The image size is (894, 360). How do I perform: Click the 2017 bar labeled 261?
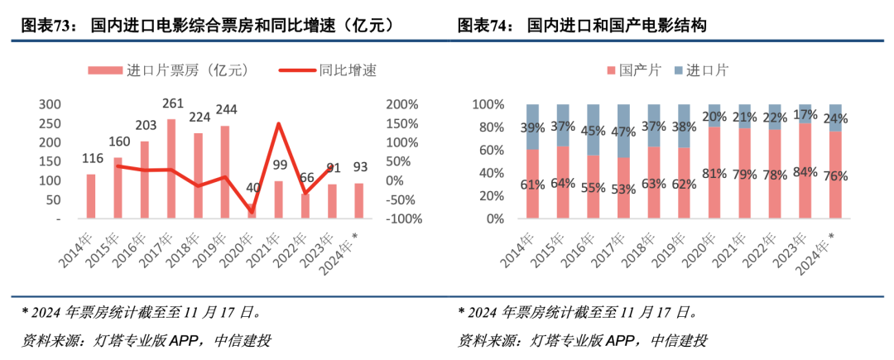(x=171, y=170)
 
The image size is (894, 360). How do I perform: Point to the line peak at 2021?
(x=278, y=124)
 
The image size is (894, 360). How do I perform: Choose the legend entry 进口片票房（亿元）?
(x=171, y=71)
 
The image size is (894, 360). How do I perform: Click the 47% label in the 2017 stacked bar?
(x=623, y=131)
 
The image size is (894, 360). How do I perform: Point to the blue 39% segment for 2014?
(x=532, y=127)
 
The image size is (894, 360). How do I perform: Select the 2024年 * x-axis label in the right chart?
(x=818, y=252)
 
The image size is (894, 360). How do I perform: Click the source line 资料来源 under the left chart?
(x=146, y=340)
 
